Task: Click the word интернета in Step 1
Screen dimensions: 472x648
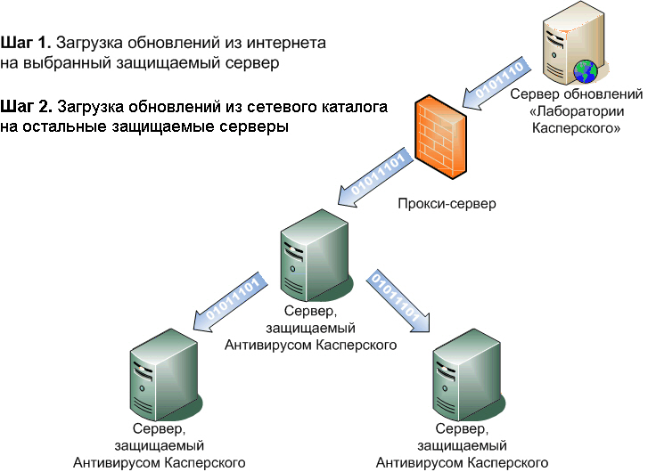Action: (x=284, y=42)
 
